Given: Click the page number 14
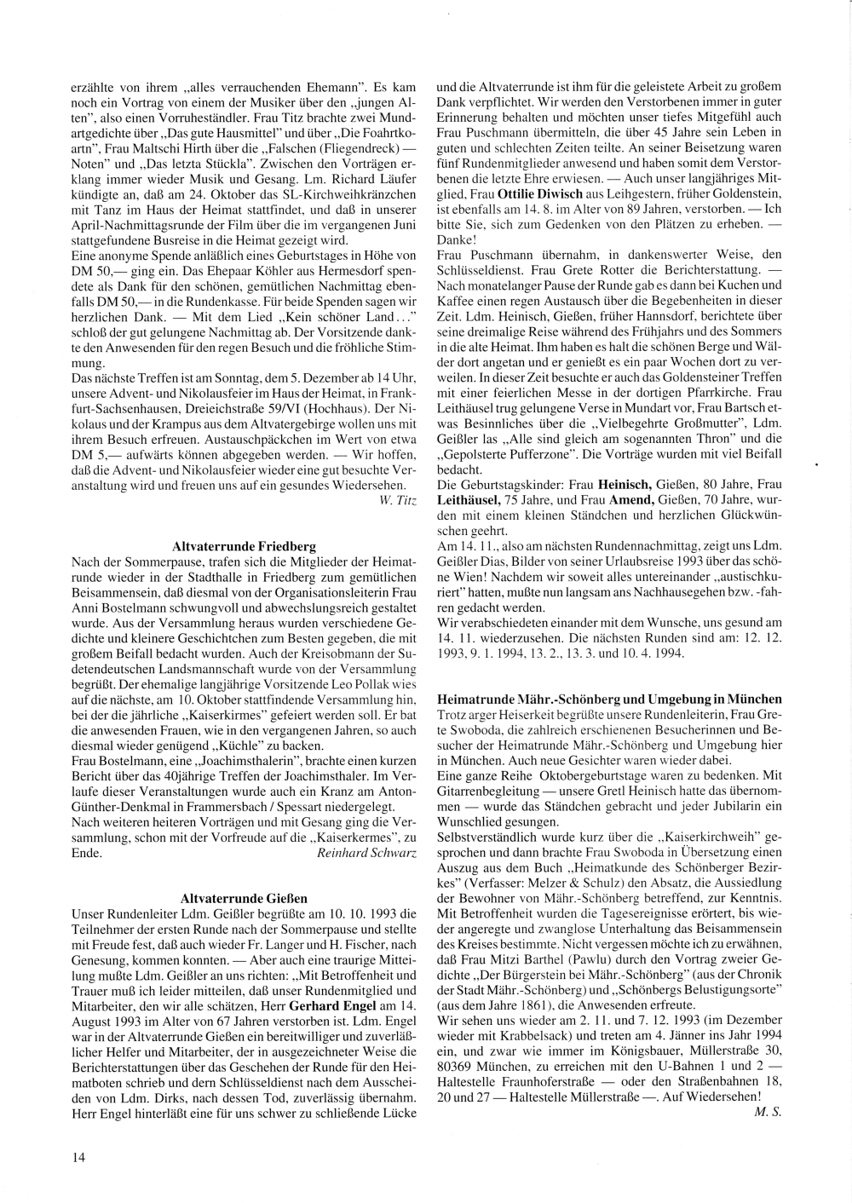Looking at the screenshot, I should [78, 1156].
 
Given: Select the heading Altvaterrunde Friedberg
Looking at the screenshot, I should [244, 546].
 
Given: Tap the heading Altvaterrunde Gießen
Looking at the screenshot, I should [245, 898].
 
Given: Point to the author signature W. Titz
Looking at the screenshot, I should [398, 499].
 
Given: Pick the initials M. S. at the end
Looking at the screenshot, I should [768, 1112].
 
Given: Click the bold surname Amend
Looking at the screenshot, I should [630, 500].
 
